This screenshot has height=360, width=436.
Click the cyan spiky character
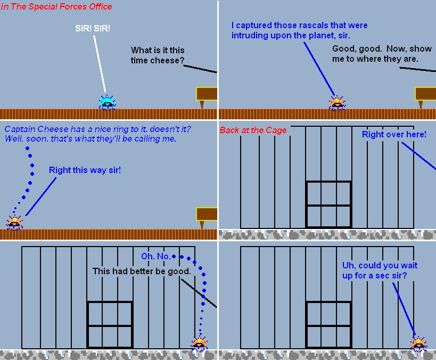[x=107, y=103]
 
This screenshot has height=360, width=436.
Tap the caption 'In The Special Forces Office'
[x=56, y=7]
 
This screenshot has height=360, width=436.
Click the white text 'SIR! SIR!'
[x=93, y=28]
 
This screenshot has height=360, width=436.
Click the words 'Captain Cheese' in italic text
[x=36, y=129]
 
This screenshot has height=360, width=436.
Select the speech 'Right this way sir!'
[x=85, y=170]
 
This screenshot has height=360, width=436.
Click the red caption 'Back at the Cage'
[x=253, y=130]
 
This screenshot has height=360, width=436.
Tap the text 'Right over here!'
[x=394, y=134]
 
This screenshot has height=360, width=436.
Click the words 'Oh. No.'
[x=155, y=256]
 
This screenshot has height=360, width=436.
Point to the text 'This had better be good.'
[x=142, y=271]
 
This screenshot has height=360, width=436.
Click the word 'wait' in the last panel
[x=409, y=265]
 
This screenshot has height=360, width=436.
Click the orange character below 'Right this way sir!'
[x=14, y=223]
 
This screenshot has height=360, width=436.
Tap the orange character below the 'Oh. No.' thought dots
[x=199, y=343]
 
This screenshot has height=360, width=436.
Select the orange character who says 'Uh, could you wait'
[x=419, y=343]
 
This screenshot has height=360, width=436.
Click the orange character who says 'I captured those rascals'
[x=337, y=103]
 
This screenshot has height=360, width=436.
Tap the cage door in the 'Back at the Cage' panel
[x=328, y=204]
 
